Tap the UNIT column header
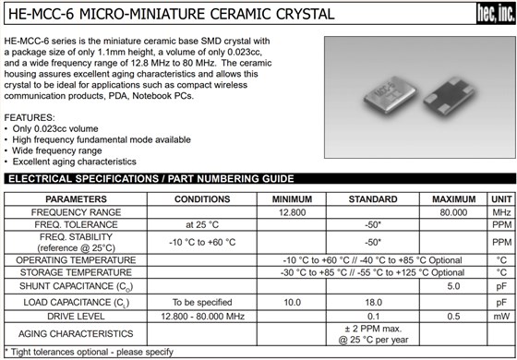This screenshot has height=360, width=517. pyautogui.click(x=501, y=198)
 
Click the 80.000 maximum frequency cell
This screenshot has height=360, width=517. pyautogui.click(x=453, y=212)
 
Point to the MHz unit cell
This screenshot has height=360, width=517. pyautogui.click(x=501, y=212)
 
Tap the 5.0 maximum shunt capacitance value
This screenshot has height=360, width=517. pyautogui.click(x=453, y=286)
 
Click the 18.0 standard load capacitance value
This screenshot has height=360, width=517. pyautogui.click(x=373, y=302)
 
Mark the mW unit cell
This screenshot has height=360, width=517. pyautogui.click(x=501, y=316)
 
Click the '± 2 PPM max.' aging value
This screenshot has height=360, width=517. pyautogui.click(x=373, y=328)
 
